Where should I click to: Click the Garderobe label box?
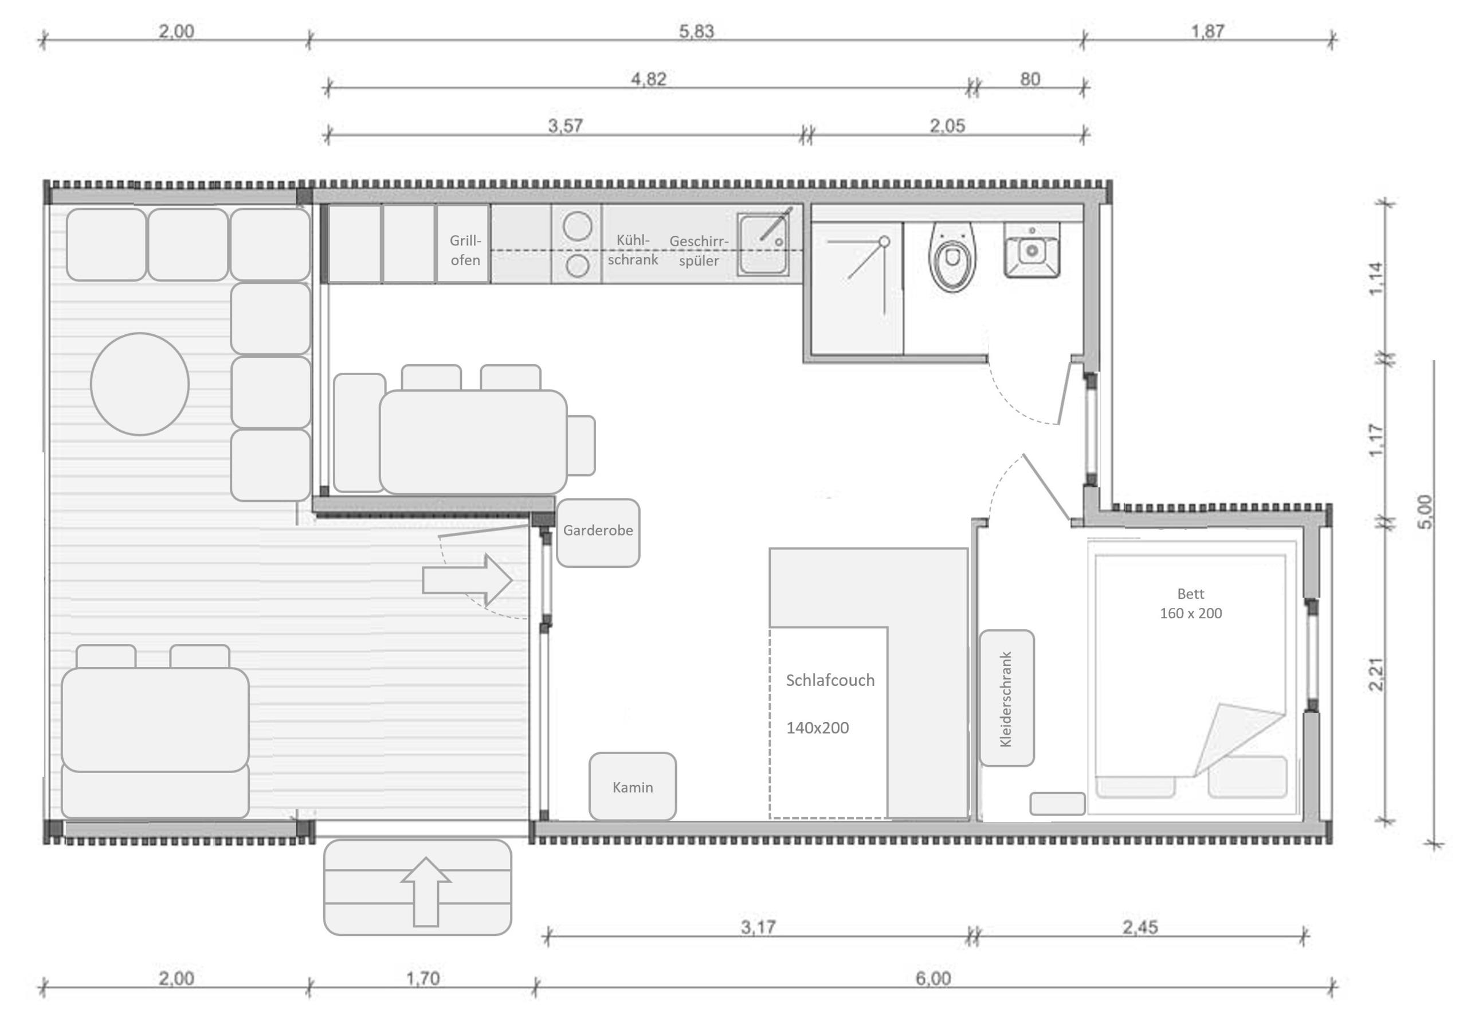click(598, 532)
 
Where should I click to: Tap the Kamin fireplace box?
click(632, 786)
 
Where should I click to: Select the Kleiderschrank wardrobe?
click(1006, 698)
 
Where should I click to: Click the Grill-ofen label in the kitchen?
click(465, 250)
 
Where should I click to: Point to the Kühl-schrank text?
click(633, 249)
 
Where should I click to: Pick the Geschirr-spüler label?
click(699, 251)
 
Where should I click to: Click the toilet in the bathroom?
click(952, 256)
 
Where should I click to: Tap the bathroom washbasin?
click(1031, 249)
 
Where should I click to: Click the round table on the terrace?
click(140, 384)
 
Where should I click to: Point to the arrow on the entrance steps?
click(426, 892)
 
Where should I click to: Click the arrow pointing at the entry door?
click(467, 580)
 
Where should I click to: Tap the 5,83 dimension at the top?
click(696, 32)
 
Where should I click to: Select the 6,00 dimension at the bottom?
click(933, 978)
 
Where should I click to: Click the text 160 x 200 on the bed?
click(1191, 613)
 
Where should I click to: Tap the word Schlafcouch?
click(830, 680)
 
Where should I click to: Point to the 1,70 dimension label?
click(422, 978)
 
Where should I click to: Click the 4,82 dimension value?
click(649, 79)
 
